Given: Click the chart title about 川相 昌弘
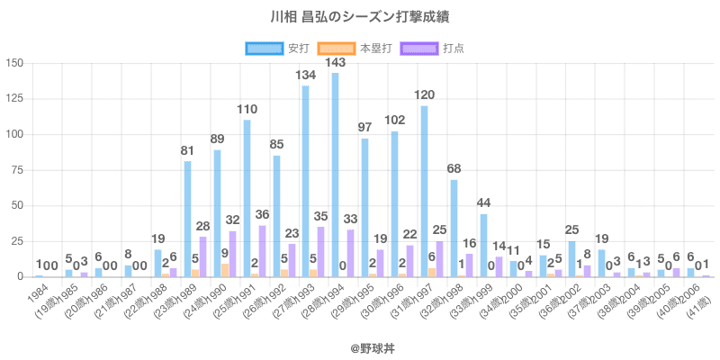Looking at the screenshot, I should [360, 17].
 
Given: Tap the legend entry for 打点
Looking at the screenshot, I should [446, 48].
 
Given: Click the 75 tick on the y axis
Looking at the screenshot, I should [17, 170].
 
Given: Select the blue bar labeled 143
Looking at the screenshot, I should [335, 175].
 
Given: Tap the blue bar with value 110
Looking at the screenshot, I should [247, 199].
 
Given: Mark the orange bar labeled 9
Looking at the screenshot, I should [225, 270].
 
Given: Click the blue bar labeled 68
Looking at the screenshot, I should [454, 229].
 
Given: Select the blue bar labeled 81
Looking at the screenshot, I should [187, 220].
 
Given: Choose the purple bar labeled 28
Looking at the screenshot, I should [202, 257].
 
